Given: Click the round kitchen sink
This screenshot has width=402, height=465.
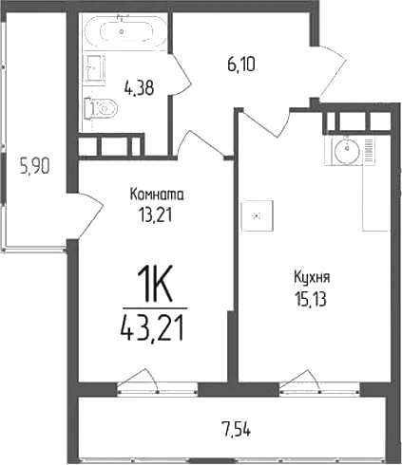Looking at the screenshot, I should coord(347,150).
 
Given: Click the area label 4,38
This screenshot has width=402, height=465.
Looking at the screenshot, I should coord(139,90).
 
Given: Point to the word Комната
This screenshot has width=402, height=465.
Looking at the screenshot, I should coord(157,195).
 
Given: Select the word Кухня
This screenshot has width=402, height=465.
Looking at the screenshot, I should coord(311,279).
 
